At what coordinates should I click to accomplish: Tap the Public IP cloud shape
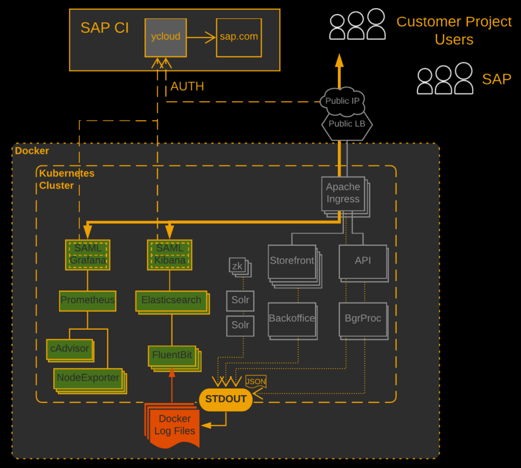[342, 101]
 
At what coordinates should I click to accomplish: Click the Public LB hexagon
[346, 124]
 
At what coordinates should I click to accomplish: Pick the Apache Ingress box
[343, 193]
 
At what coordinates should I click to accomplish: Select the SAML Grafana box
[88, 254]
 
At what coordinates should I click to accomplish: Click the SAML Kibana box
[169, 254]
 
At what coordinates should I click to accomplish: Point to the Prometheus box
[88, 300]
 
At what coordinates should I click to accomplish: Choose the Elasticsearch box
[171, 300]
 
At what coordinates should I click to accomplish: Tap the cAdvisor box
[70, 349]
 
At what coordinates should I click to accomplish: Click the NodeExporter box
[88, 378]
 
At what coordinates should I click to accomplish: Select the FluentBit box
[172, 355]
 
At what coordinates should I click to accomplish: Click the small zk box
[237, 266]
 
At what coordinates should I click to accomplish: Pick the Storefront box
[292, 261]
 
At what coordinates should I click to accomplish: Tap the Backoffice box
[292, 319]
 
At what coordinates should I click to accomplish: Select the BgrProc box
[363, 319]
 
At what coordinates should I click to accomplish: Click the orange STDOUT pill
[225, 399]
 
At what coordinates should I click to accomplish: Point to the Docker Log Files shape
[175, 425]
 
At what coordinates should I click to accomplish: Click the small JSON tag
[255, 382]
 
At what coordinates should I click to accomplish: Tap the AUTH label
[187, 86]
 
